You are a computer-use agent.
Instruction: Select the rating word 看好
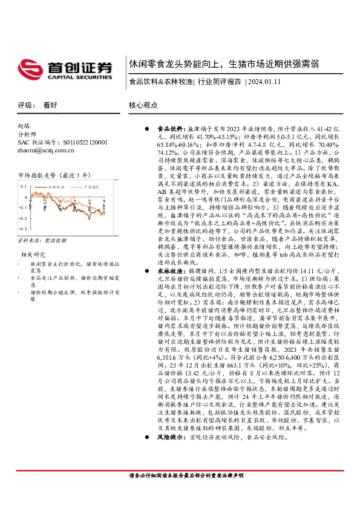point(50,105)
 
